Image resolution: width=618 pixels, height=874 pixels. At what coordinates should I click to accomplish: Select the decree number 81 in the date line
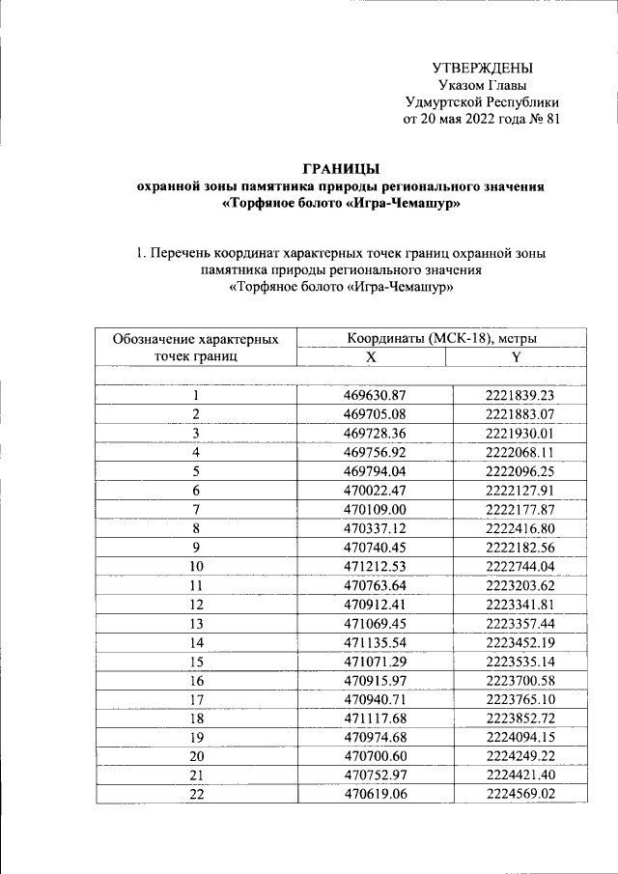(549, 119)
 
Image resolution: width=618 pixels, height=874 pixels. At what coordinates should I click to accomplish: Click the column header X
(370, 356)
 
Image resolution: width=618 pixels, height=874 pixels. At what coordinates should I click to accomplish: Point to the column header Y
(516, 356)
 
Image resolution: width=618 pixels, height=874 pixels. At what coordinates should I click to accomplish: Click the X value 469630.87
(375, 395)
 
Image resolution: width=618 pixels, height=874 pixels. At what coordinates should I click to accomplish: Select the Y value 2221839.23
(520, 395)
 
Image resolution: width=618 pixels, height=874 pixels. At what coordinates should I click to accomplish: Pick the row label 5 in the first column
(196, 471)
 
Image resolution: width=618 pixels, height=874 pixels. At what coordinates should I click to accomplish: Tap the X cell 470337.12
(375, 528)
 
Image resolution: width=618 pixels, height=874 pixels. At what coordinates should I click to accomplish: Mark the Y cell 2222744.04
(520, 566)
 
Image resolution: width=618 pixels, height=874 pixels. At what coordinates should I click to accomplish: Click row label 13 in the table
(196, 623)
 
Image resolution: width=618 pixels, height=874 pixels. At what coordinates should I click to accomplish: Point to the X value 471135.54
(375, 642)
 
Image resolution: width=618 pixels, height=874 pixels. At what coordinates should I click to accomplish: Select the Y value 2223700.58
(520, 680)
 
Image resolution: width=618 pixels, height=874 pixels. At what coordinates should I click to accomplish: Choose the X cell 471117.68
(375, 719)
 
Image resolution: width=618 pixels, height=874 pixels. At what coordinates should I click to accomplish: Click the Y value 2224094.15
(520, 737)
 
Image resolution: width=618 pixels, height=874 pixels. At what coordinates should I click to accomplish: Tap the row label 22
(196, 794)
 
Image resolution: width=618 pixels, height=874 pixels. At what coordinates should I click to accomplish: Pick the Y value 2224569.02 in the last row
(520, 794)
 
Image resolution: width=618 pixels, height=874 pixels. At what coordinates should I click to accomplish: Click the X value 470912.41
(375, 605)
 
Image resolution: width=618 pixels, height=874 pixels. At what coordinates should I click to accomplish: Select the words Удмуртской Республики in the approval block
(481, 101)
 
